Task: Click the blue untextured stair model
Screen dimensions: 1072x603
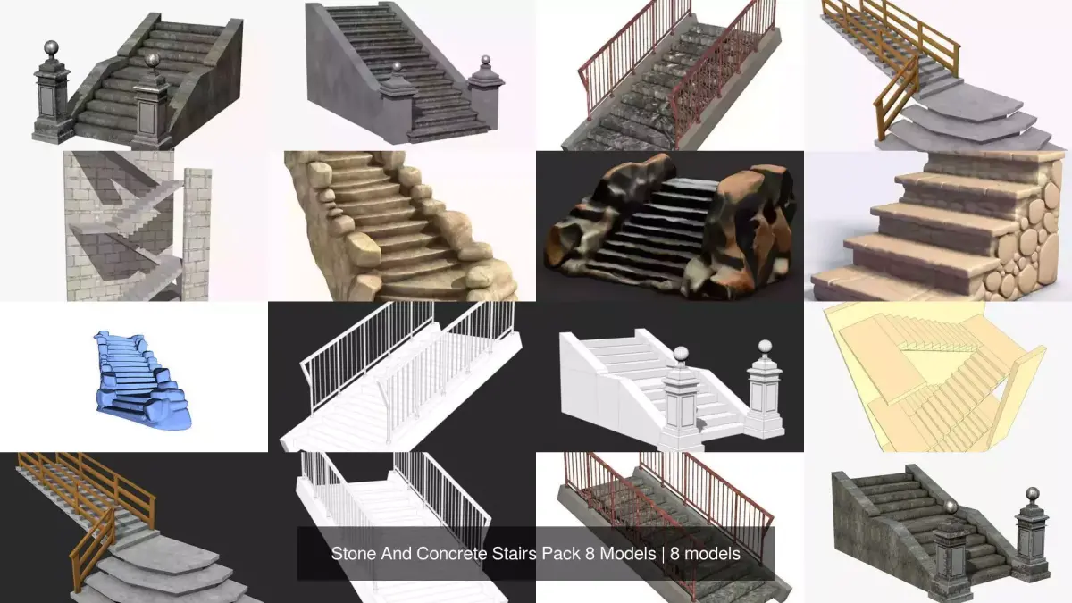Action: tap(141, 381)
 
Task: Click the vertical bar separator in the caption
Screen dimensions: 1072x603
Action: tap(663, 554)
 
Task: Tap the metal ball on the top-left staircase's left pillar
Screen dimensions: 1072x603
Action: tap(51, 48)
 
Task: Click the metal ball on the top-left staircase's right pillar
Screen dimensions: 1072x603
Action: tap(153, 60)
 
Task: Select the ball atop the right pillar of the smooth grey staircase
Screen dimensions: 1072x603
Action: tap(485, 61)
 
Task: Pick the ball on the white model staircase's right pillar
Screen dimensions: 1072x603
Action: tap(765, 347)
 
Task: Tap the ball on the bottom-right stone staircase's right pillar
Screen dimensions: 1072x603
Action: tap(1033, 494)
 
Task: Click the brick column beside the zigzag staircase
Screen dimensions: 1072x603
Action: tap(197, 234)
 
